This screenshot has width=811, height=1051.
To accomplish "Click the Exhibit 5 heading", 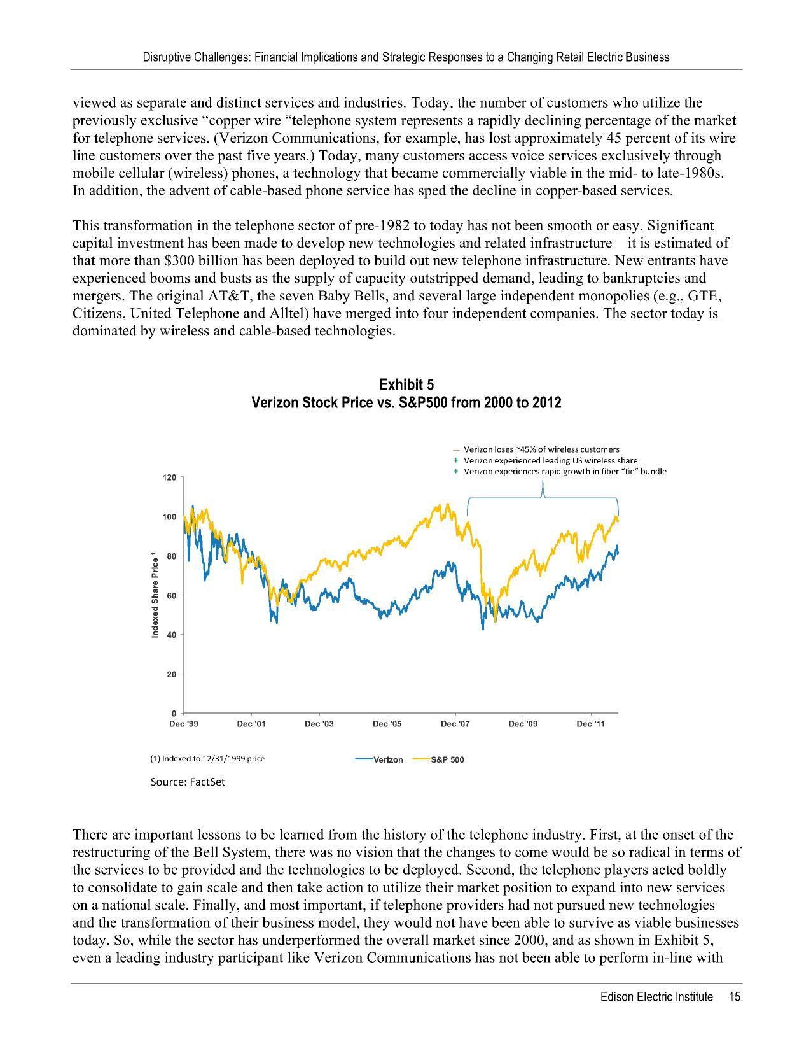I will tap(406, 385).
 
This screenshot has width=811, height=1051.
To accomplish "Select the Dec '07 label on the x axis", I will tap(455, 724).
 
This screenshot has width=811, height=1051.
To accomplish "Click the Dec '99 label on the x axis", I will tap(183, 724).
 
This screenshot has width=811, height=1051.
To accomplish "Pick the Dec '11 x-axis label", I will tap(591, 724).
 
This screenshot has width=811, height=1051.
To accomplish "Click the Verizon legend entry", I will tap(380, 759).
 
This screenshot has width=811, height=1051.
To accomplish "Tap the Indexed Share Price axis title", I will tap(155, 596).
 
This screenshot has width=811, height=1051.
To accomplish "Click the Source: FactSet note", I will tap(188, 782).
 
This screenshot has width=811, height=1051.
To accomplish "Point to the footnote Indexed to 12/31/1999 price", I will tap(207, 759).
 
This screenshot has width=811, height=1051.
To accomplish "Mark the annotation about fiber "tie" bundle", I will tap(564, 472).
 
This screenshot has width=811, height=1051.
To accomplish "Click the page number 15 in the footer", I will tap(735, 998).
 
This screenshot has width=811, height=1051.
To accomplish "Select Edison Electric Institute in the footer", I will tap(656, 998).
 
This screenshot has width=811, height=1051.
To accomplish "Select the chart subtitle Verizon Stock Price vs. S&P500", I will tap(406, 403).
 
